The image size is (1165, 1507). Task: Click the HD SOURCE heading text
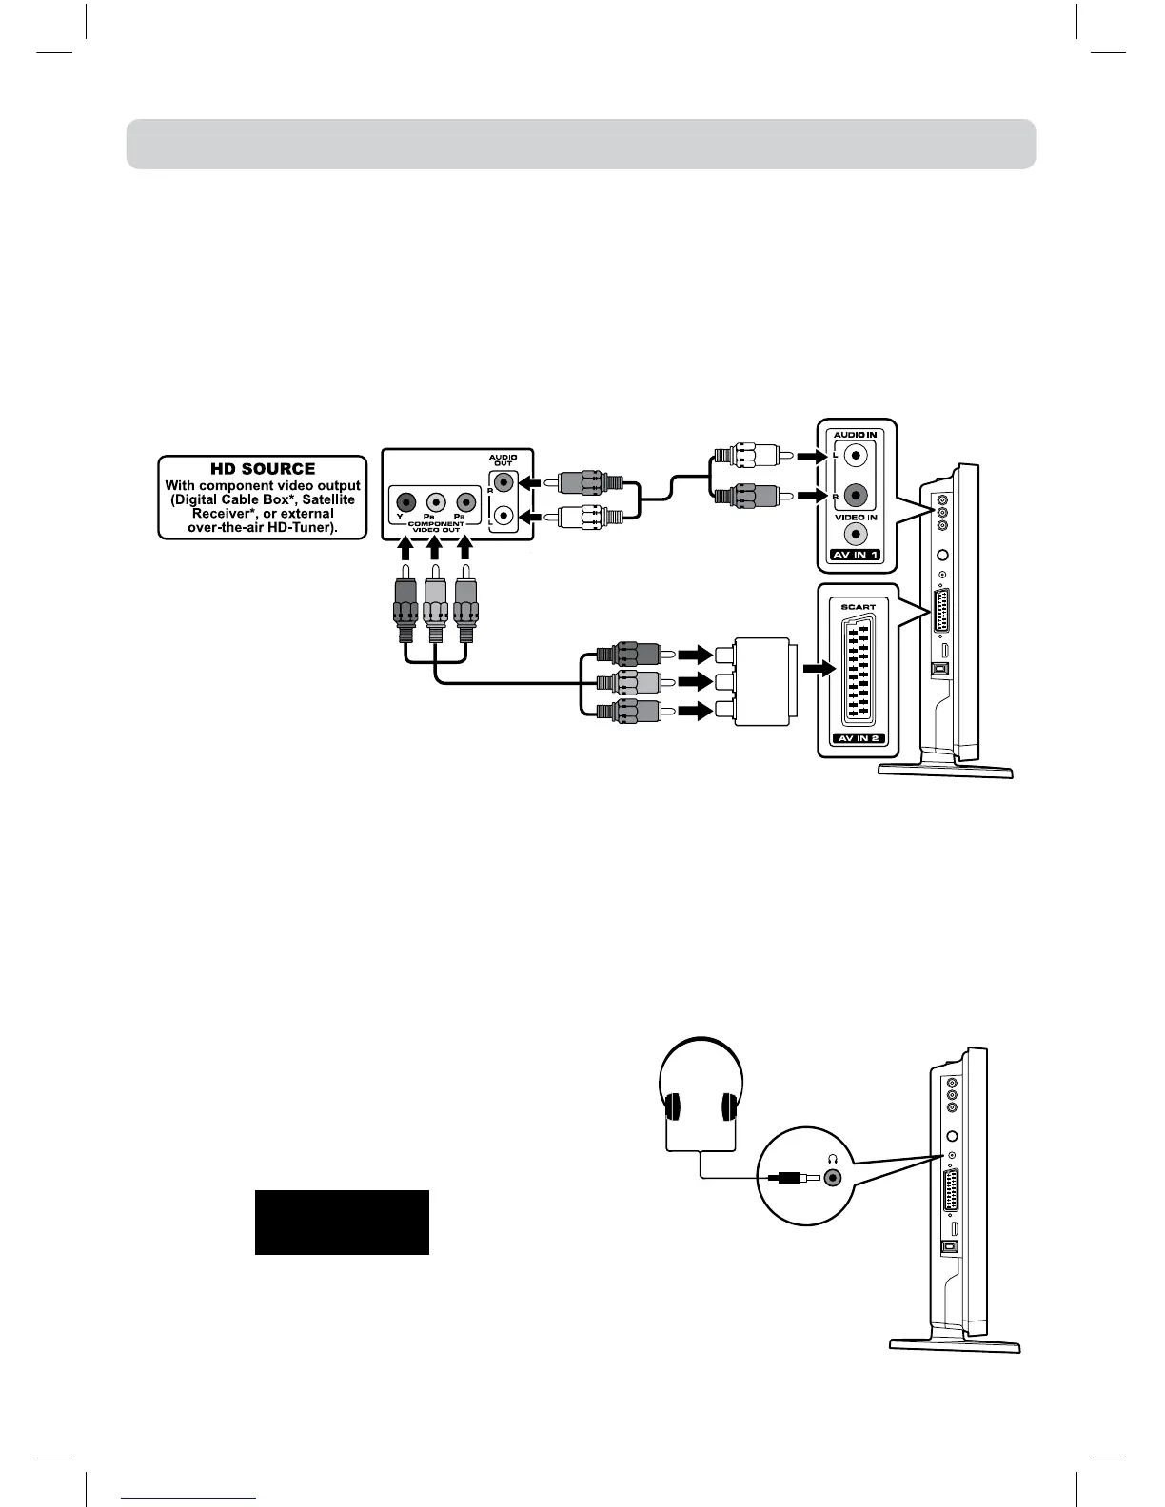[262, 469]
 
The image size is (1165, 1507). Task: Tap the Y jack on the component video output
[406, 501]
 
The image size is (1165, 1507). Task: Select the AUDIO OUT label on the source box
[503, 460]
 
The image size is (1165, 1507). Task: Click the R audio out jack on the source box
[503, 483]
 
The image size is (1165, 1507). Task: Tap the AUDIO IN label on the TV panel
[856, 435]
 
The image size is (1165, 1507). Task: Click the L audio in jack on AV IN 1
[858, 456]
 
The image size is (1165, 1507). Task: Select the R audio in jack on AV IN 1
[858, 495]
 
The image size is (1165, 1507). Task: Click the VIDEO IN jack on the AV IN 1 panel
[858, 536]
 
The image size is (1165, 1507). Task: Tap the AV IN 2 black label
[857, 738]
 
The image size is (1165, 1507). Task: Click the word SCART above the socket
[858, 606]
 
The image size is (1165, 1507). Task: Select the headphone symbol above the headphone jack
[834, 1159]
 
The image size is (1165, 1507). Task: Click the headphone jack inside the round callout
[834, 1177]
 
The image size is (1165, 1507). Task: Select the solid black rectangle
[342, 1223]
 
